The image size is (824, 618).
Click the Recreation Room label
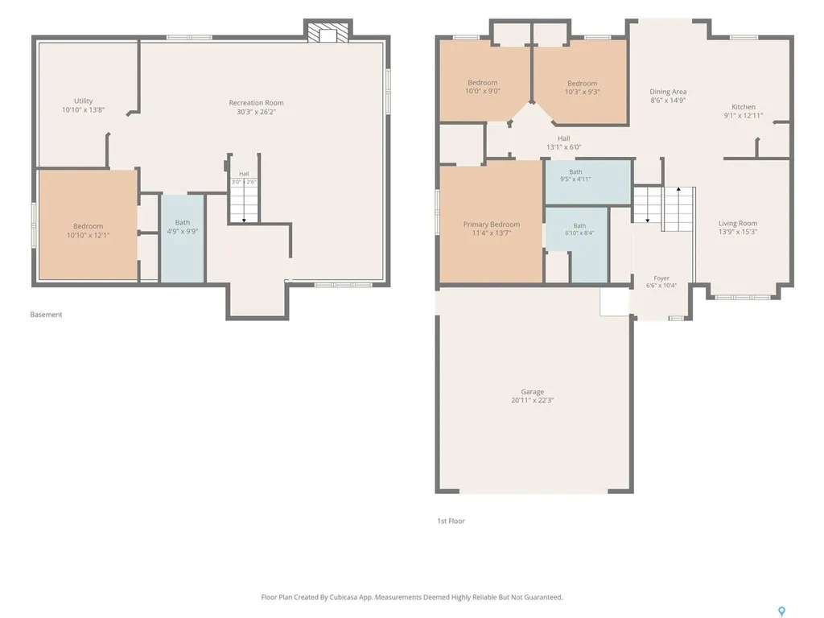256,103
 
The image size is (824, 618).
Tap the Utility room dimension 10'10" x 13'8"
83,109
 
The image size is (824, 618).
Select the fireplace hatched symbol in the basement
328,32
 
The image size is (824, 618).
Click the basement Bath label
183,222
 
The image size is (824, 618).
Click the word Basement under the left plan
46,315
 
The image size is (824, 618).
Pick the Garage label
533,392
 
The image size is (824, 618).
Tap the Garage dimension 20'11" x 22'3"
533,401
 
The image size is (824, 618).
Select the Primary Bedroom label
492,225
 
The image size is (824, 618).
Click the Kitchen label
743,107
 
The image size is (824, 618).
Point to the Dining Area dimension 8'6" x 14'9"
668,100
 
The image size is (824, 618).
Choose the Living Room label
738,224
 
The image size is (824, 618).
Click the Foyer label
661,278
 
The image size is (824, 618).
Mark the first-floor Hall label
564,138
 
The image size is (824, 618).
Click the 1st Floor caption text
451,521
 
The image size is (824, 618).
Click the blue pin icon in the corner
782,612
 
